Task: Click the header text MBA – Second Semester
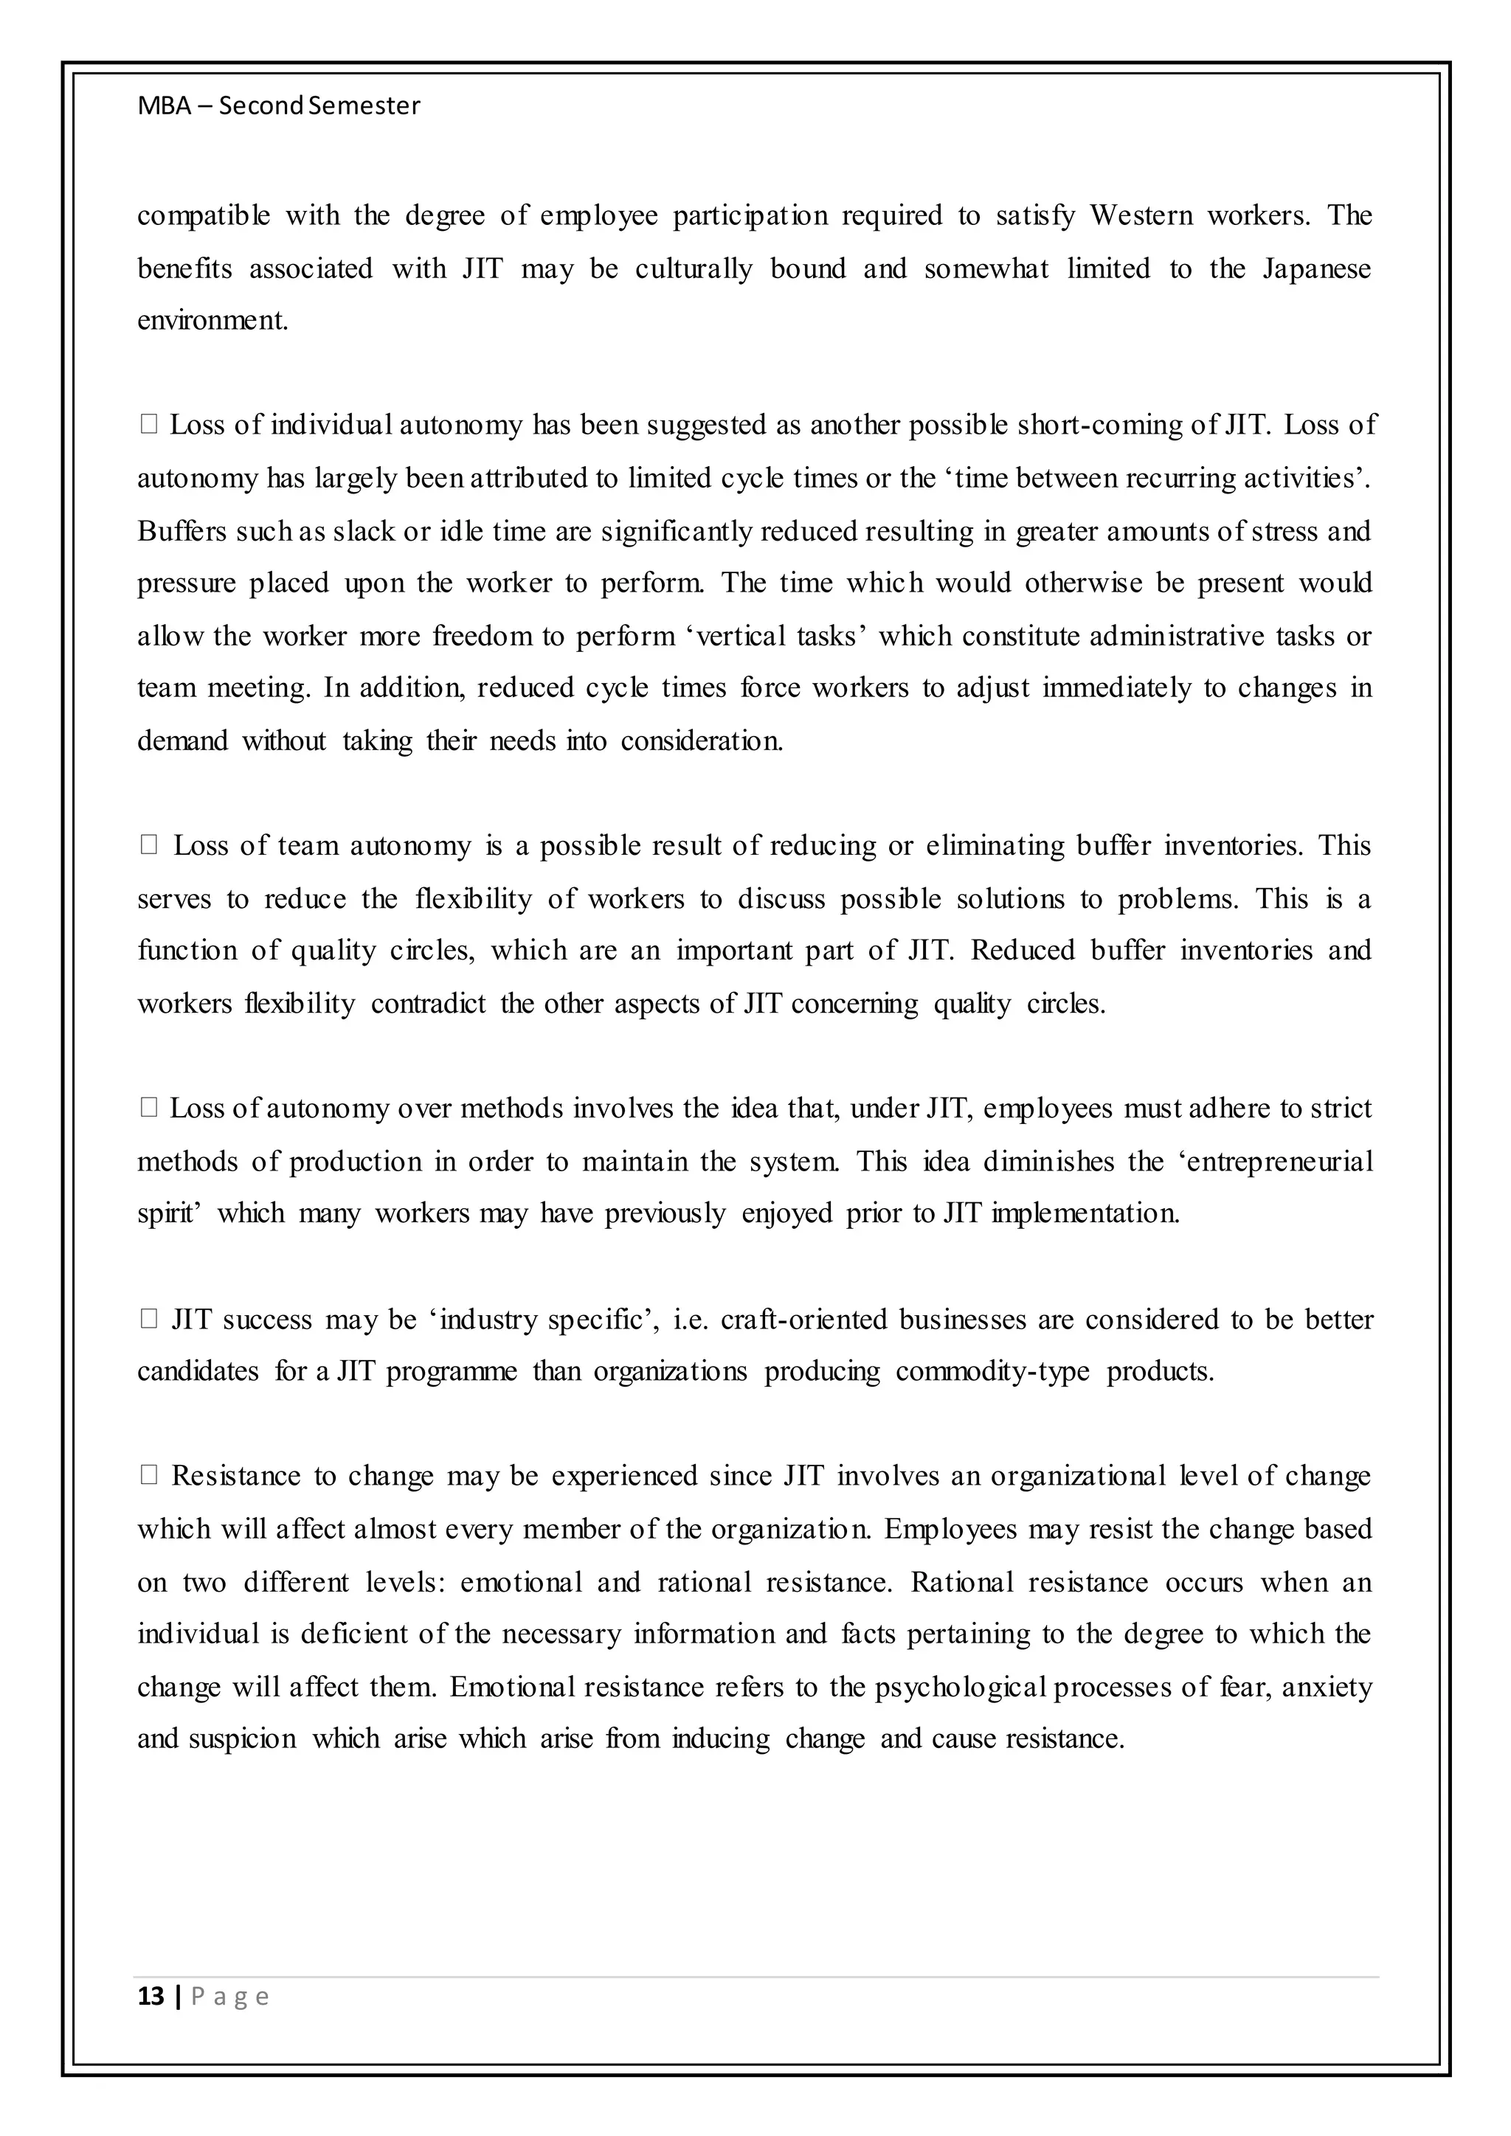pyautogui.click(x=278, y=106)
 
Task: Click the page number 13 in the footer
pyautogui.click(x=150, y=1997)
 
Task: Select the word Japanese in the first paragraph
pyautogui.click(x=1315, y=269)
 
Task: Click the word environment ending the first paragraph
pyautogui.click(x=212, y=321)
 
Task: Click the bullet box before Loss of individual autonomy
pyautogui.click(x=149, y=425)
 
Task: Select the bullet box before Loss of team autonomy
pyautogui.click(x=149, y=846)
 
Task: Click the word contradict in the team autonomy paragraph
pyautogui.click(x=428, y=1004)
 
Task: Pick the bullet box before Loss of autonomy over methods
pyautogui.click(x=149, y=1108)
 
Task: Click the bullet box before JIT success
pyautogui.click(x=149, y=1320)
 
